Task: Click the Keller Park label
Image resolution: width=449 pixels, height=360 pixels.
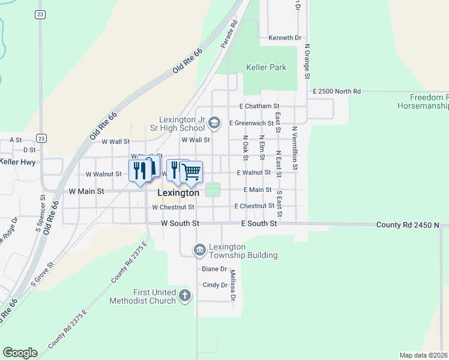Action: pos(266,68)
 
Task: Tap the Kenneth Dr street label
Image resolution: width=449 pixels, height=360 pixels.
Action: pos(285,38)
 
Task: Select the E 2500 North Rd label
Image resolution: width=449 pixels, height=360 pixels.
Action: pos(337,91)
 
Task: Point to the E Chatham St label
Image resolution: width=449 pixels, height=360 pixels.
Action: pos(259,106)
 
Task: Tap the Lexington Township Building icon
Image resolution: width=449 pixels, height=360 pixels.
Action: pos(200,250)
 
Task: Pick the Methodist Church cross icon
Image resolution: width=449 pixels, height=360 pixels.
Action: pos(185,296)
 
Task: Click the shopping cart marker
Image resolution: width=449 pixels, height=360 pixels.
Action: pos(191,172)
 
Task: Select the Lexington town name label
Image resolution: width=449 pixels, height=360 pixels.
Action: pos(178,193)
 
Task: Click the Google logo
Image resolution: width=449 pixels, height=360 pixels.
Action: pos(20,353)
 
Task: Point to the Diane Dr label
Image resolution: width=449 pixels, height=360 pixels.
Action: pos(214,269)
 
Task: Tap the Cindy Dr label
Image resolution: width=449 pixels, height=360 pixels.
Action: pos(214,285)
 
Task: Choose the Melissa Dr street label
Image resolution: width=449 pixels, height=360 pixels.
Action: pos(232,285)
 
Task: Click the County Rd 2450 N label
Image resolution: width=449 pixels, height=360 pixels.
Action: pos(408,224)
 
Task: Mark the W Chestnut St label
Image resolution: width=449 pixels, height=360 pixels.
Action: pos(173,207)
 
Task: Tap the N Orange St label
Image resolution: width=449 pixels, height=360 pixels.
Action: pos(307,61)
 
